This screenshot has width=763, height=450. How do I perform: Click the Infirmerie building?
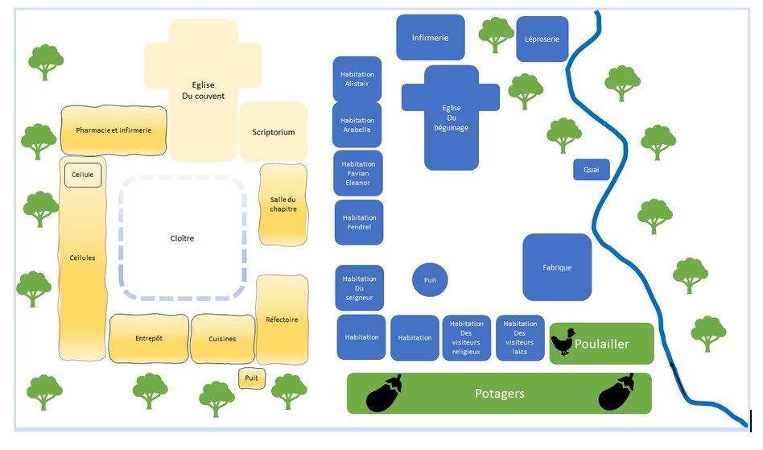430,37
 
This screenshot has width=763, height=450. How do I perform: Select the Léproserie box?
542,39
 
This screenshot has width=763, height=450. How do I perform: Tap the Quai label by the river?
591,169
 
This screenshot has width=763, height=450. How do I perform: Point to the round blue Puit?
430,279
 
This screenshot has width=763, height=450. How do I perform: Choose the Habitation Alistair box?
357,79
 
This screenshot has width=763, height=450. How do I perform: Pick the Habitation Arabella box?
357,125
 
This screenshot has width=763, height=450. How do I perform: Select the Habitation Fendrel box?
359,222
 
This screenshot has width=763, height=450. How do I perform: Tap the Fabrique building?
557,267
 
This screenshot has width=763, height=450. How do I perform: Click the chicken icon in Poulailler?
563,342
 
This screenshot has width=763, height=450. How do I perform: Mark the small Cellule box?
83,175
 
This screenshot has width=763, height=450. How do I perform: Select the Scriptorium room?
274,132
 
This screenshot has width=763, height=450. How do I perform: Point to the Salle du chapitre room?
283,204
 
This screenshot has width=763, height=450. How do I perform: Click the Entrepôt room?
148,338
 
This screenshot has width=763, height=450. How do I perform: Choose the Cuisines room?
221,339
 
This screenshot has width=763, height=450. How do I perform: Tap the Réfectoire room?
282,320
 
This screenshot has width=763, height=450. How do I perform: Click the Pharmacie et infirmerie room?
113,130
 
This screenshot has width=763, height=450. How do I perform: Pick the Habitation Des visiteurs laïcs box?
519,337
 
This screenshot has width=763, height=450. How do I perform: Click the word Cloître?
182,238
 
